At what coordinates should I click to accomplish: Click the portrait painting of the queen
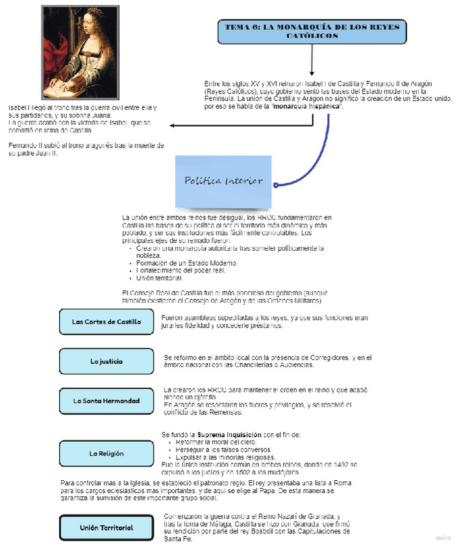(x=79, y=53)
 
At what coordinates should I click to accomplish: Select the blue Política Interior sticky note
(x=223, y=181)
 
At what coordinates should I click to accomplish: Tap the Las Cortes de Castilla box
(x=106, y=322)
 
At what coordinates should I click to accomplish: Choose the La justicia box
(x=106, y=361)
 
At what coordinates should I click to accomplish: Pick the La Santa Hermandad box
(x=106, y=401)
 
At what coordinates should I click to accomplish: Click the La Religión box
(x=106, y=453)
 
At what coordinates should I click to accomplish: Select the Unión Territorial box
(x=106, y=528)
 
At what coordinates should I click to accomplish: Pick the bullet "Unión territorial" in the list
(x=158, y=278)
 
